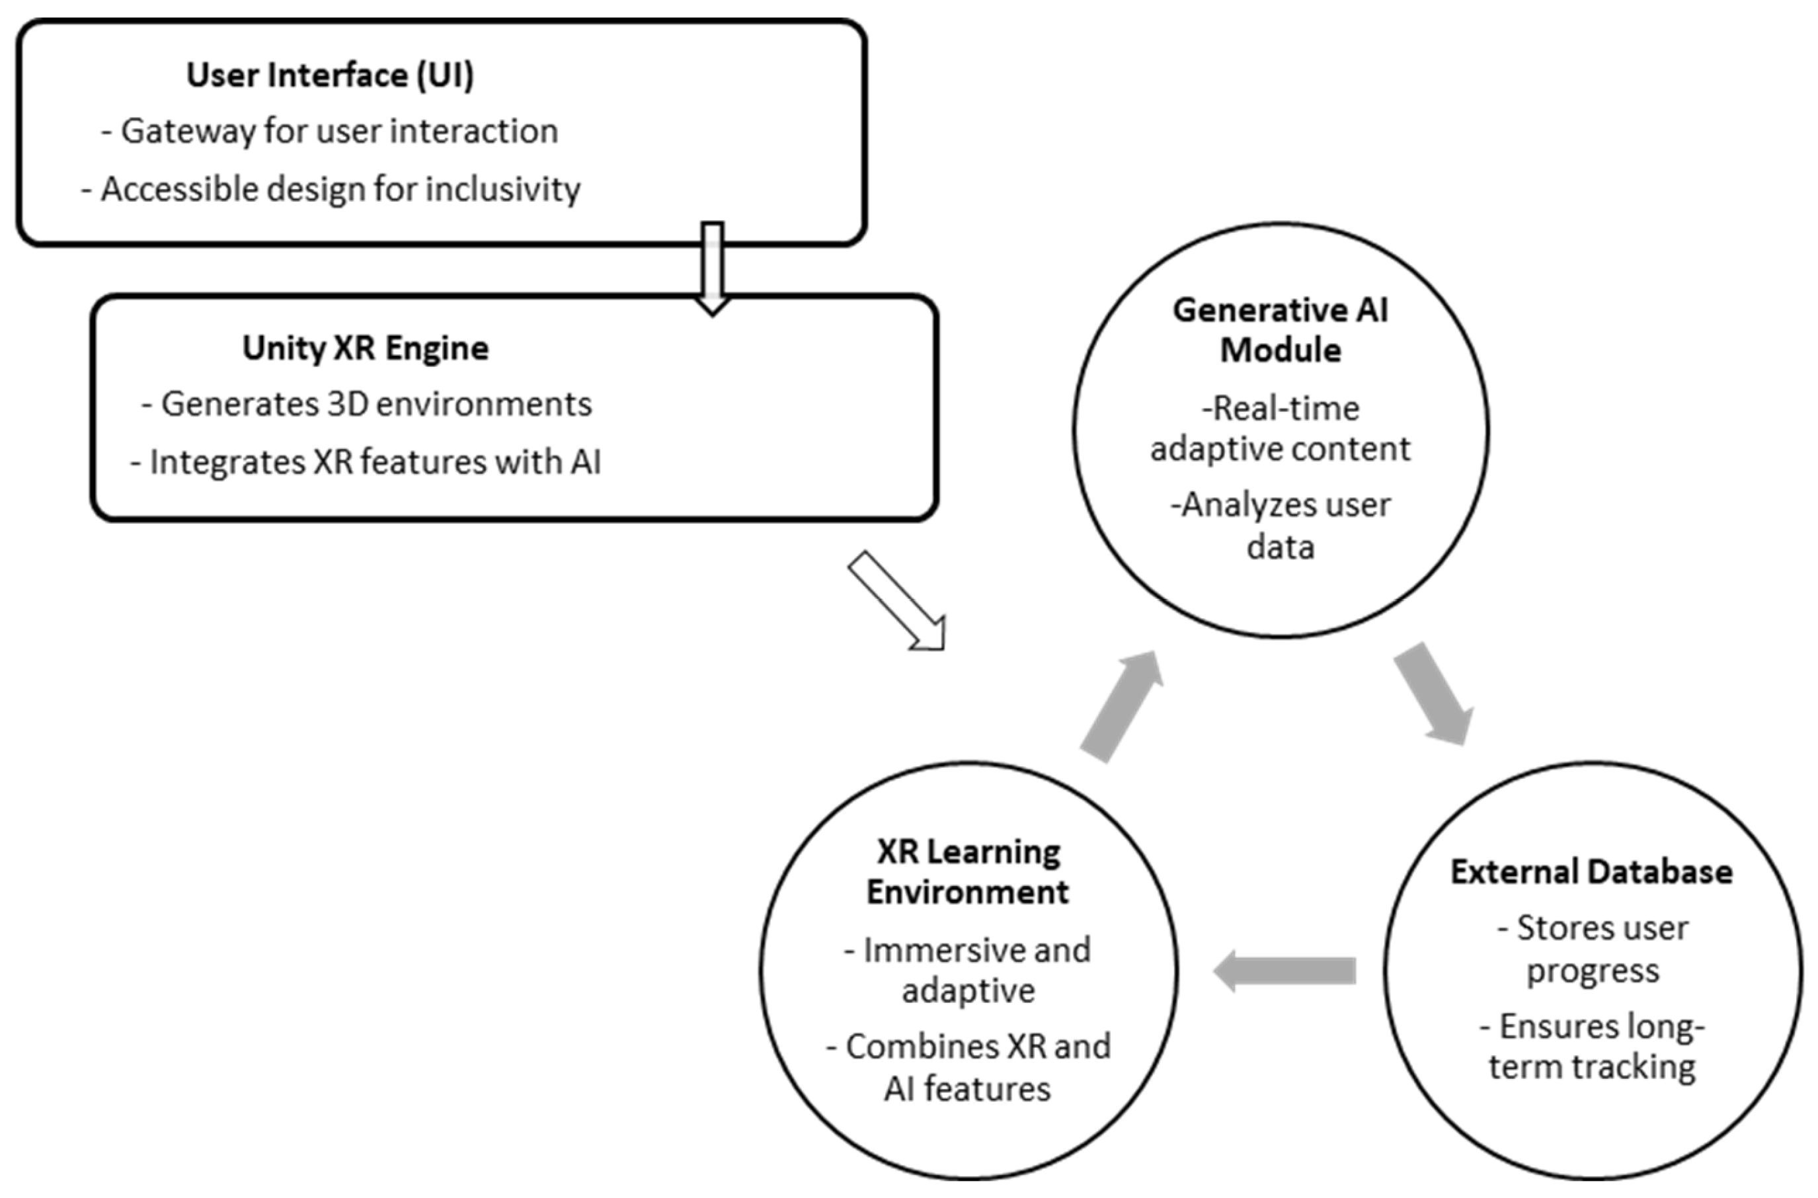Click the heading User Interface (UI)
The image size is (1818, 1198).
[x=330, y=75]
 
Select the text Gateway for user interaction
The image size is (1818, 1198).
[x=330, y=132]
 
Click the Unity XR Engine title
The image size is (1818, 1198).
[x=365, y=348]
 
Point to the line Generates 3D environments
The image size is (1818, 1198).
[x=367, y=404]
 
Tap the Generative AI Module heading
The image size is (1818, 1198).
[x=1281, y=330]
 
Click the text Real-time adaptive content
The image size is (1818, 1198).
[x=1281, y=428]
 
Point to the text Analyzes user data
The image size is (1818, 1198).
[x=1281, y=526]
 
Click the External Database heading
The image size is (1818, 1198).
[x=1592, y=872]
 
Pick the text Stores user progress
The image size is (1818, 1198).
[x=1593, y=949]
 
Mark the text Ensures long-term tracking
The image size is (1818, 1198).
[x=1593, y=1047]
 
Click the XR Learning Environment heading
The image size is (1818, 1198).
[x=968, y=872]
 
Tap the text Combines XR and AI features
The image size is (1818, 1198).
[x=968, y=1067]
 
